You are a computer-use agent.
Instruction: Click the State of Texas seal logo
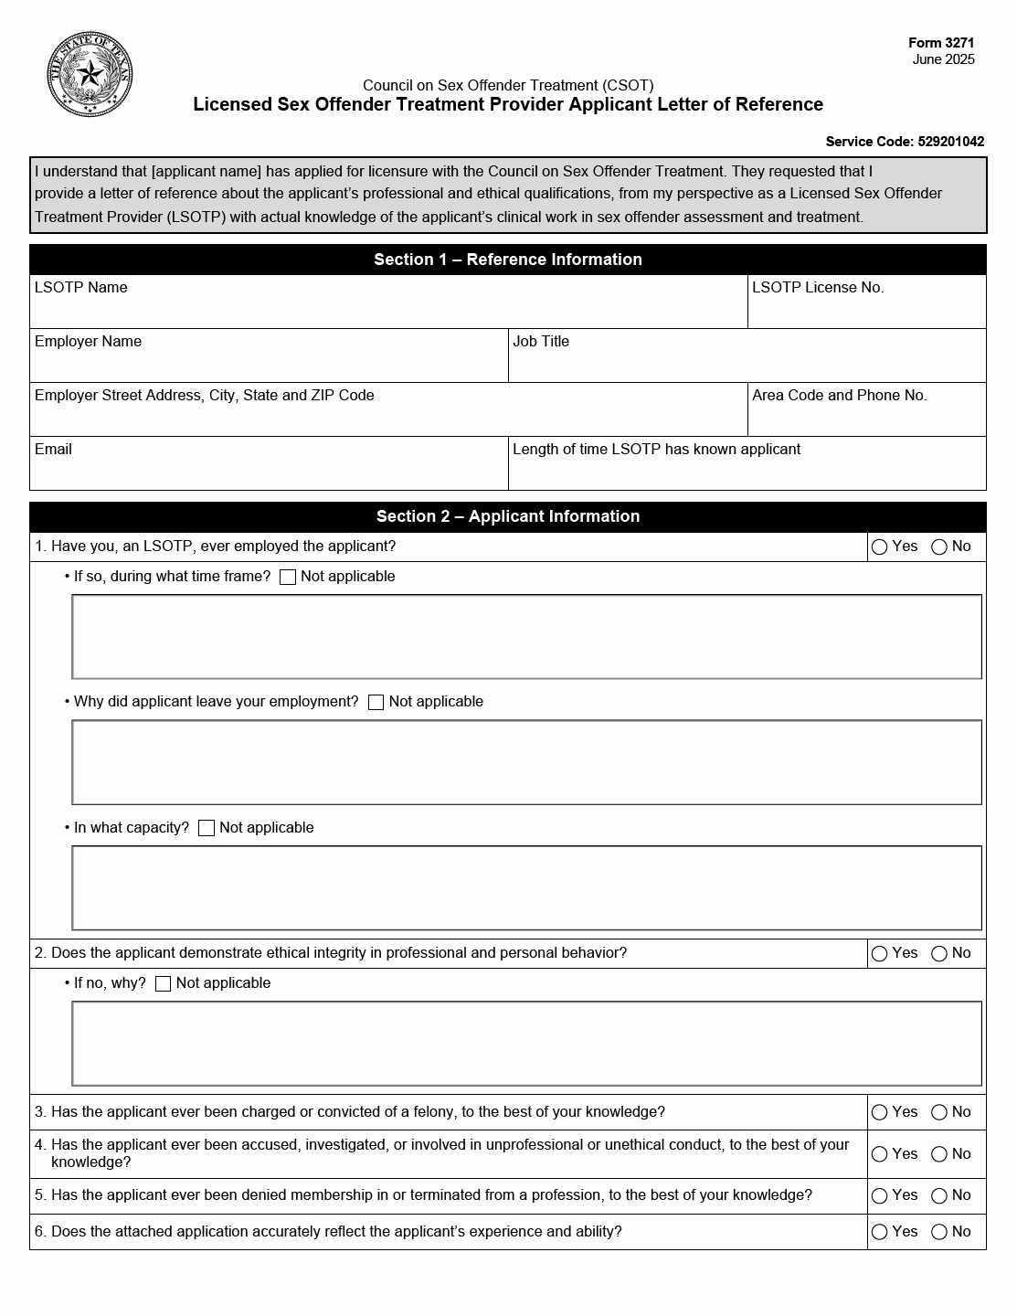click(89, 74)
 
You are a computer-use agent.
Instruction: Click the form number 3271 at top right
click(941, 43)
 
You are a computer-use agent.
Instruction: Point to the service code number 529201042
click(950, 142)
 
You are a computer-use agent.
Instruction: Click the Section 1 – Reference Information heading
click(507, 260)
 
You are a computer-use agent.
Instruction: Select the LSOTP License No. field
click(866, 309)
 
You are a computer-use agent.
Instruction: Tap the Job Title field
click(747, 363)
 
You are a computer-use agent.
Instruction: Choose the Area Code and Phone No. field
click(866, 417)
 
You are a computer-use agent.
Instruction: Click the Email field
click(269, 471)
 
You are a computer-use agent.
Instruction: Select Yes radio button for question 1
click(880, 547)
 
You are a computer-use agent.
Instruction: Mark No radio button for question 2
click(939, 954)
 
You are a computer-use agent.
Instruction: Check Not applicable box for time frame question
click(288, 578)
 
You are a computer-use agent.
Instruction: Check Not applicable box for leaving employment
click(376, 703)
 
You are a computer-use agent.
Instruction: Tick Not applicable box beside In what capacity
click(207, 829)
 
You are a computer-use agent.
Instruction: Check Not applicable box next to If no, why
click(164, 984)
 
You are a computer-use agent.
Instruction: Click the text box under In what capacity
click(526, 888)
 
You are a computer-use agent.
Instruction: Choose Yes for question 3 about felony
click(880, 1113)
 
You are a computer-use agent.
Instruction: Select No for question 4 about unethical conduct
click(939, 1155)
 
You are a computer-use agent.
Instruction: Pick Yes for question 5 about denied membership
click(880, 1196)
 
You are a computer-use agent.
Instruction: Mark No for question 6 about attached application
click(939, 1233)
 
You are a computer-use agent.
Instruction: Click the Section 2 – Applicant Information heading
click(507, 516)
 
